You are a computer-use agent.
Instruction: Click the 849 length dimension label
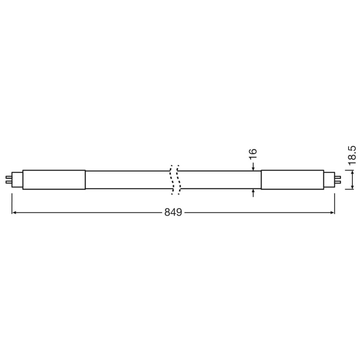click(x=173, y=212)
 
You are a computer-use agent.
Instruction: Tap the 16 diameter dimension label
click(x=252, y=154)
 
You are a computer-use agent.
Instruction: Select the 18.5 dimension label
click(x=352, y=155)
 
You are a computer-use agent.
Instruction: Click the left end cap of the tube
click(x=54, y=180)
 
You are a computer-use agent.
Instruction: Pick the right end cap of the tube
click(x=292, y=180)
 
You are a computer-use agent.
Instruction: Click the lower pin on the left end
click(x=8, y=183)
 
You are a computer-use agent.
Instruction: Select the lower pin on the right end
click(x=338, y=183)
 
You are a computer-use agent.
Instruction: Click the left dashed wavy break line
click(x=171, y=180)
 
